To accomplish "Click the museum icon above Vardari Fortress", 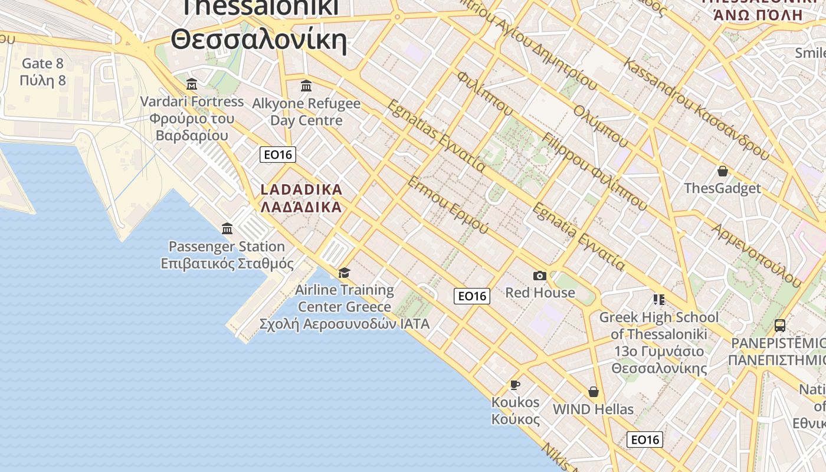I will [191, 84].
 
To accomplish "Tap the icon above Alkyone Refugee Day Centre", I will [306, 86].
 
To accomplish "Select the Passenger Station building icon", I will [227, 228].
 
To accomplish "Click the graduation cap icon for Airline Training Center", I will [344, 273].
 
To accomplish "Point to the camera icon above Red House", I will [539, 276].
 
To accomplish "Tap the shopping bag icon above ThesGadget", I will [722, 171].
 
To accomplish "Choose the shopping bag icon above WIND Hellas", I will [594, 392].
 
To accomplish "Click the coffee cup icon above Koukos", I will [515, 385].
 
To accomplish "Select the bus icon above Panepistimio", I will [780, 325].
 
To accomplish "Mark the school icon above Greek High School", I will [658, 300].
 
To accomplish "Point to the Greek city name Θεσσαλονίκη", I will [258, 40].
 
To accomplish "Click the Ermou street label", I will [448, 204].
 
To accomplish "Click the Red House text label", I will [540, 293].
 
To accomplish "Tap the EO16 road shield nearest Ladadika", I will [278, 155].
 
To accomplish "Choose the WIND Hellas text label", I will [593, 409].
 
